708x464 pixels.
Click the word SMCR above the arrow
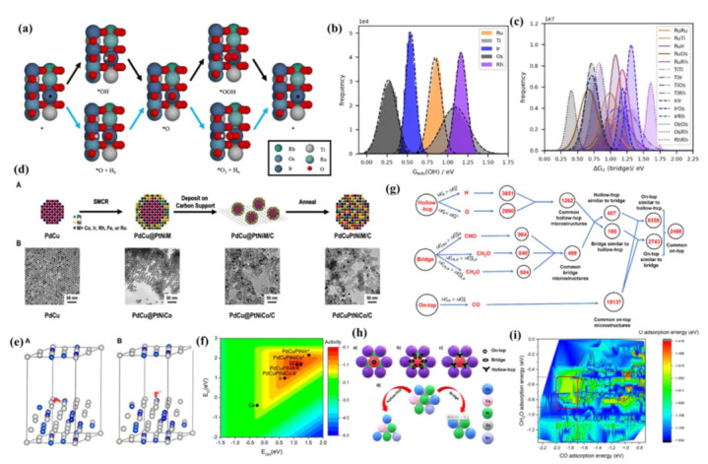[93, 203]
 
